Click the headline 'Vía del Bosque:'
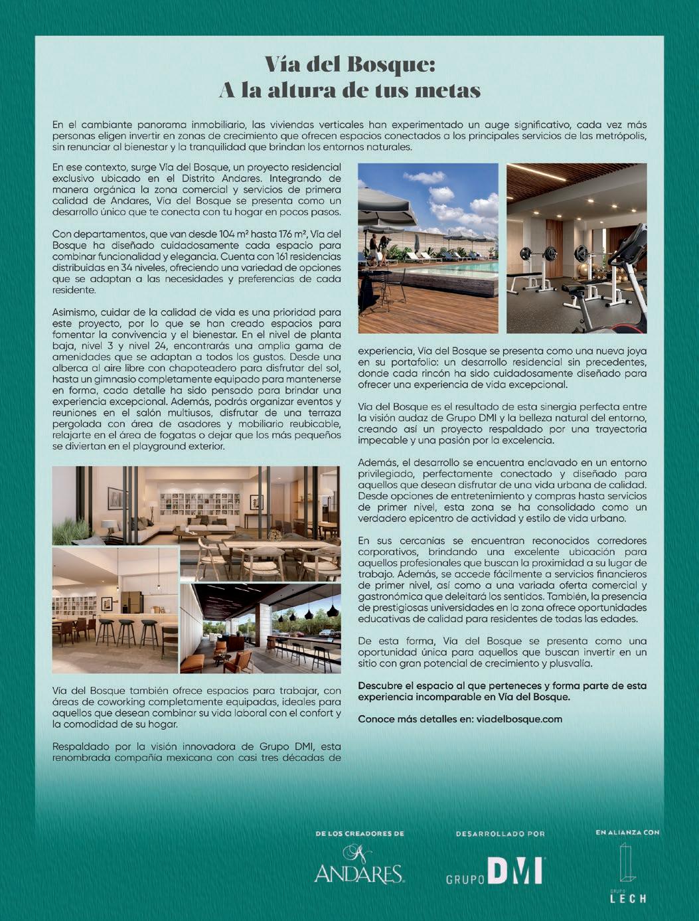pos(349,65)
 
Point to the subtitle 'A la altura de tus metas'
pos(349,90)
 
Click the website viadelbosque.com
pos(519,719)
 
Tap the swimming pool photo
pos(427,248)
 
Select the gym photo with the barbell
pos(576,248)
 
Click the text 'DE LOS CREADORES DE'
pos(360,833)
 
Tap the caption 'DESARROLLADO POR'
pos(500,834)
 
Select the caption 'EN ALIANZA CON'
pos(627,832)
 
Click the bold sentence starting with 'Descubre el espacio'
pos(502,691)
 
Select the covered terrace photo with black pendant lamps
pos(260,628)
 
